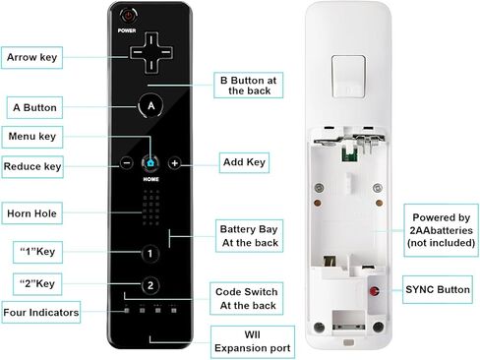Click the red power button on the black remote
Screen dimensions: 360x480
tap(126, 16)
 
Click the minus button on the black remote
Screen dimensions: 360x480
tap(126, 162)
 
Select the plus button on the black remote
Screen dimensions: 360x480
tap(174, 162)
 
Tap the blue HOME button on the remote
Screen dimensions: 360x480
tap(150, 162)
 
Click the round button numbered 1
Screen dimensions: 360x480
tap(150, 253)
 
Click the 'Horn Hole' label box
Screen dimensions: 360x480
tap(35, 211)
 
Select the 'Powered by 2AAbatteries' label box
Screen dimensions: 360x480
tap(441, 229)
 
